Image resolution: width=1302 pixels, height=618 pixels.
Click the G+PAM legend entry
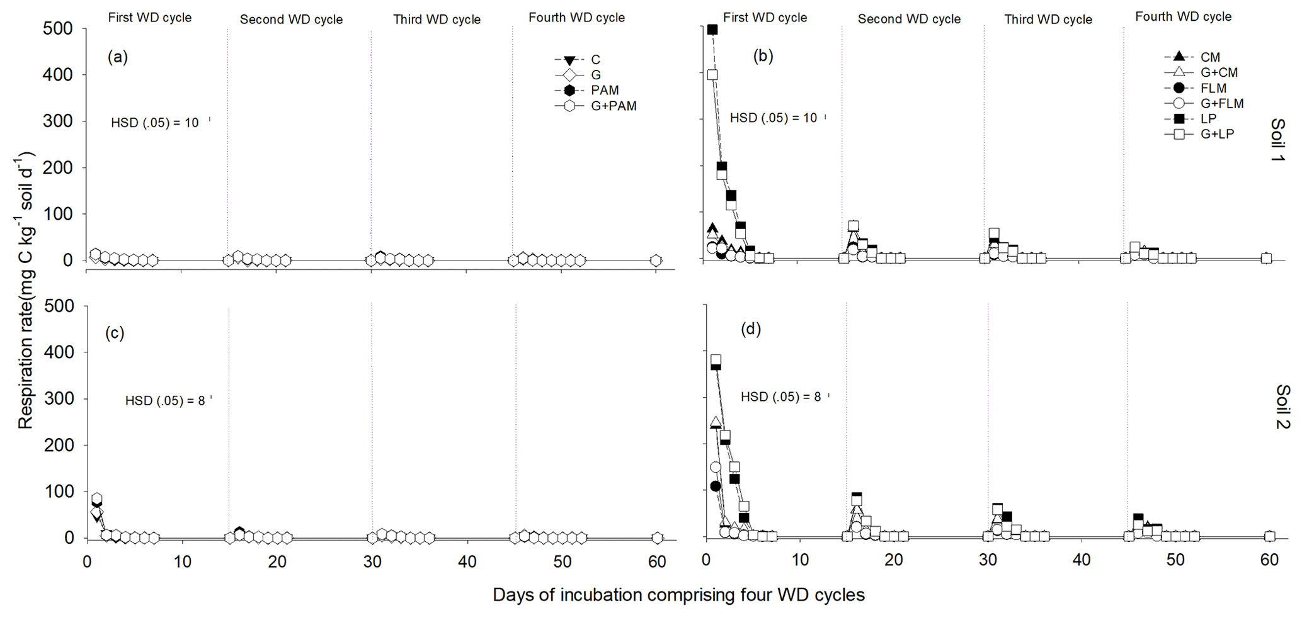(x=613, y=106)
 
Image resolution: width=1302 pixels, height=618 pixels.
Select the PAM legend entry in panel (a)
(x=604, y=91)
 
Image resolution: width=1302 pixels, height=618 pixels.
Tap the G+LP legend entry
(x=1216, y=134)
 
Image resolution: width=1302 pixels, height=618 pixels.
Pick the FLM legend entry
(x=1213, y=88)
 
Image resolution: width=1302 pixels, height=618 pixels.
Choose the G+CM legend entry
(x=1219, y=73)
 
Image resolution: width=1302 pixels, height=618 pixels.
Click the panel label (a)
(x=118, y=57)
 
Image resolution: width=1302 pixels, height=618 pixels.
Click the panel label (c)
(x=115, y=333)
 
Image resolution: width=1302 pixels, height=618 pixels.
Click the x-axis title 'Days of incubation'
(x=678, y=595)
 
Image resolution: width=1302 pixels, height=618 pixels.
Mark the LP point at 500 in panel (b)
(x=712, y=30)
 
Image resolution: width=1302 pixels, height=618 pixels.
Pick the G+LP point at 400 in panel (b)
(x=712, y=74)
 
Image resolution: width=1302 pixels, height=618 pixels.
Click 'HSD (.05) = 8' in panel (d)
(x=780, y=397)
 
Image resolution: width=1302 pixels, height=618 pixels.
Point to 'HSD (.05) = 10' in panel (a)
(x=155, y=123)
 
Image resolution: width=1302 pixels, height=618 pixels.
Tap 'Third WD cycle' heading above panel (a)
(x=437, y=20)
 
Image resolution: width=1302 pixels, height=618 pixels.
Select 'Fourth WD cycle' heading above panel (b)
(x=1183, y=17)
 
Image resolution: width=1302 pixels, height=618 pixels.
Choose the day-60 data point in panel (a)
(x=656, y=261)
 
